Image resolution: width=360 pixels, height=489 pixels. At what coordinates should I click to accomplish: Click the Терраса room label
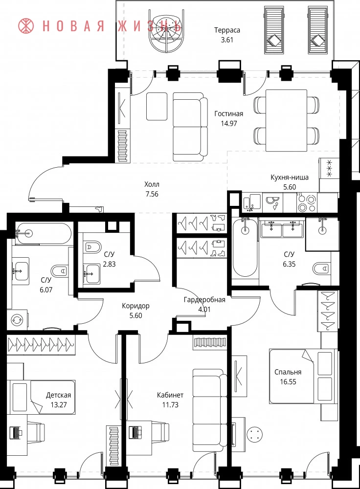point(227,30)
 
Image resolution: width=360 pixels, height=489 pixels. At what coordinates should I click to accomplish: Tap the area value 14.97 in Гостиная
point(228,123)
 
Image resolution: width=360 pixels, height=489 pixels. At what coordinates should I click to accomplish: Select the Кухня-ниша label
point(290,178)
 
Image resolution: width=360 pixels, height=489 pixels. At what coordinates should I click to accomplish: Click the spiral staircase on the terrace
point(165,34)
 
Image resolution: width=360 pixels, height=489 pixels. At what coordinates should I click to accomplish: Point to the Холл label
point(152,184)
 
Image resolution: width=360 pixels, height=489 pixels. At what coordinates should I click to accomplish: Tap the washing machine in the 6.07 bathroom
point(17,320)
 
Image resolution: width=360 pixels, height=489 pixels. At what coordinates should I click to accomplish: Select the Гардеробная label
point(204,300)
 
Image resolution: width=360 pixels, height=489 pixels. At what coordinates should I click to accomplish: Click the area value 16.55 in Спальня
point(288,382)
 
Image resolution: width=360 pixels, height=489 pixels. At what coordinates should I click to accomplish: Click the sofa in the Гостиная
point(190,127)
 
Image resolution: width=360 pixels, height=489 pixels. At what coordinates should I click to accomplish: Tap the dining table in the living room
point(286,120)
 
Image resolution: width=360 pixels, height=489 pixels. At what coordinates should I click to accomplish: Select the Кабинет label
point(170,395)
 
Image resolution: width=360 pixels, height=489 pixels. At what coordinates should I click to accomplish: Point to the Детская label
point(58,395)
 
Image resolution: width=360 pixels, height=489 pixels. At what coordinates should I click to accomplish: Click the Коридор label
point(135,306)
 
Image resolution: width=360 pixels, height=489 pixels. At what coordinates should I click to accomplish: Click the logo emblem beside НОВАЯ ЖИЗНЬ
point(26,26)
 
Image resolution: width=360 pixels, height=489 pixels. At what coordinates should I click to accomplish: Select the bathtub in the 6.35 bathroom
point(245,247)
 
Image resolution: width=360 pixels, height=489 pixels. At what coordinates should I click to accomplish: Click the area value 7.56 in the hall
point(152,194)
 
